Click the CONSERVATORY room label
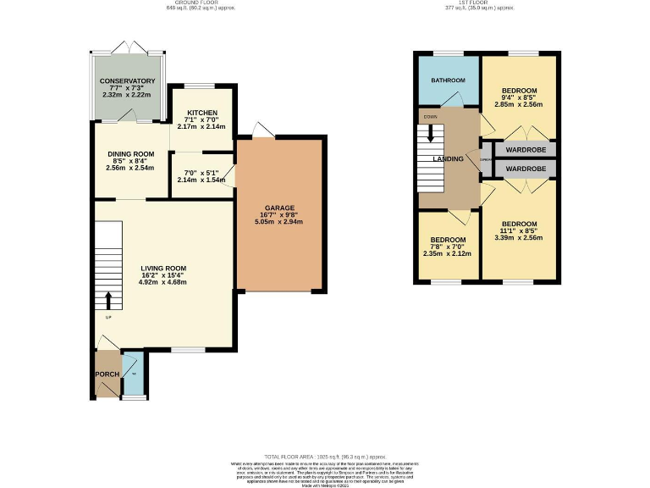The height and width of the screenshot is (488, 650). [127, 80]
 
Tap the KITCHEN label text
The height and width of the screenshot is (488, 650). [202, 113]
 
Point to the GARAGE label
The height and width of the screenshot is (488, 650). [278, 208]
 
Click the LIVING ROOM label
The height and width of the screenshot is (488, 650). [162, 268]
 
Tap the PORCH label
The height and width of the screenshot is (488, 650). [107, 374]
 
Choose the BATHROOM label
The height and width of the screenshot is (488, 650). [448, 80]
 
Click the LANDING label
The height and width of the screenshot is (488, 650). [448, 158]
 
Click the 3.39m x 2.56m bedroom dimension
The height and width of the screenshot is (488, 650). [519, 238]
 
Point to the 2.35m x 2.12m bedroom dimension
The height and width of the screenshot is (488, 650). [448, 252]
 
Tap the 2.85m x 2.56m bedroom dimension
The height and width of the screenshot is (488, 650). [519, 104]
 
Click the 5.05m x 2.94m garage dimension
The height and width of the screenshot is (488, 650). [278, 222]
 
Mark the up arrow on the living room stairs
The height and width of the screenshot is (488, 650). [108, 299]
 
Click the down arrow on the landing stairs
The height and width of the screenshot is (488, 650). [431, 133]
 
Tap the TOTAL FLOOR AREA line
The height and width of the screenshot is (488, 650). [324, 456]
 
